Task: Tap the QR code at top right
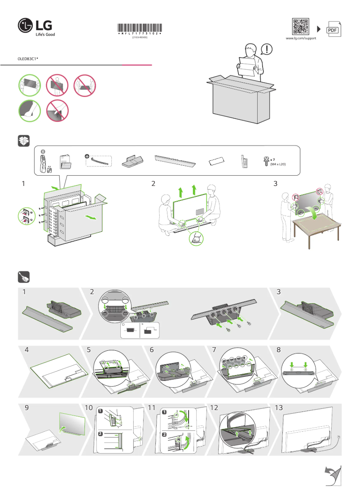tap(301, 27)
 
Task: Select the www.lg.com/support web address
tap(301, 39)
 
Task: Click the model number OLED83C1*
tap(27, 59)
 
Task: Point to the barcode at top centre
tap(140, 27)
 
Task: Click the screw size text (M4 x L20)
tap(278, 164)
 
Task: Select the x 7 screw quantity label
tap(272, 160)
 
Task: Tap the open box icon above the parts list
tap(24, 141)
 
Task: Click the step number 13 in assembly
tap(279, 408)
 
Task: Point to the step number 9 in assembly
tap(27, 408)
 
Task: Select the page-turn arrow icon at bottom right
tap(332, 475)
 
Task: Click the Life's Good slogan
tap(45, 34)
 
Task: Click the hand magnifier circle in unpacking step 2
tap(196, 239)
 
